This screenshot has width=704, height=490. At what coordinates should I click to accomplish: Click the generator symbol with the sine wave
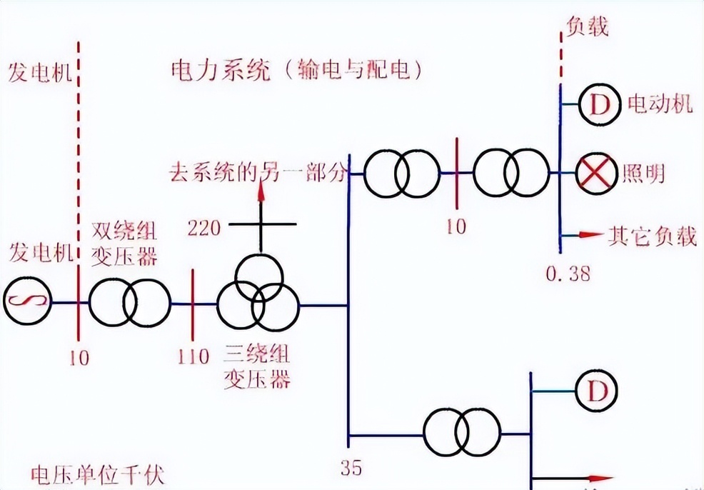[x=27, y=303]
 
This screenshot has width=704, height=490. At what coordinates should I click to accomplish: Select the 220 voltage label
[x=204, y=228]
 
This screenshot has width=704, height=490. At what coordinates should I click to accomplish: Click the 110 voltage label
[x=193, y=356]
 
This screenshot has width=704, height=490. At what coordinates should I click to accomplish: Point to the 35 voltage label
[x=351, y=468]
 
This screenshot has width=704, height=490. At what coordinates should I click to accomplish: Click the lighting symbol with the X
[x=596, y=174]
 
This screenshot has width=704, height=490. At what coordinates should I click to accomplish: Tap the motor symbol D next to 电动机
[x=596, y=106]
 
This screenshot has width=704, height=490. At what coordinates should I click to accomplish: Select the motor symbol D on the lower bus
[x=596, y=391]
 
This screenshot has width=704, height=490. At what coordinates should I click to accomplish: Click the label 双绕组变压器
[x=126, y=243]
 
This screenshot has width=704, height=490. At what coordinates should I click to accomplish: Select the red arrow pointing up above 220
[x=261, y=189]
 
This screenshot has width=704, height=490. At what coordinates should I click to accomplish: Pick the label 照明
[x=643, y=174]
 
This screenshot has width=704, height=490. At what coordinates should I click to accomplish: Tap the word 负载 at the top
[x=587, y=26]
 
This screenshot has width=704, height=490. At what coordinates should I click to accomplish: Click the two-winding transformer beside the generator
[x=129, y=304]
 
